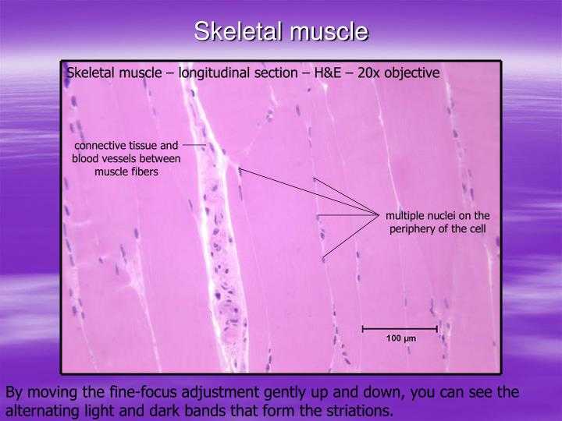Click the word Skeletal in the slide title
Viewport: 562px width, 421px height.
click(238, 31)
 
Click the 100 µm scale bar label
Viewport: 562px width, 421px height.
click(401, 339)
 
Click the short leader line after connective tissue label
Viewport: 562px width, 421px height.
click(194, 145)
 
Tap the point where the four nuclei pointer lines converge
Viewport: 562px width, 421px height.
click(378, 213)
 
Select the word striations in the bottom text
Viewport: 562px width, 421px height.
click(357, 411)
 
